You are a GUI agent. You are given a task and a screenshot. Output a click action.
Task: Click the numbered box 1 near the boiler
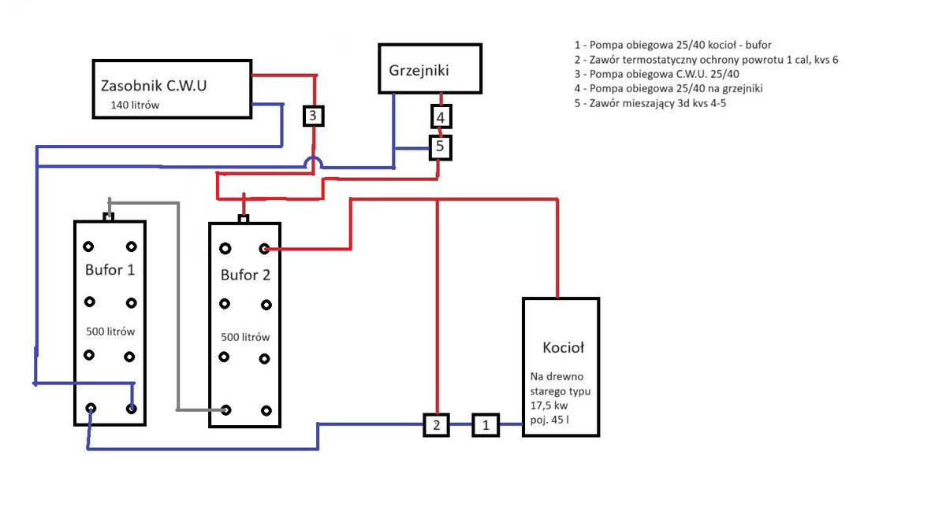tap(486, 425)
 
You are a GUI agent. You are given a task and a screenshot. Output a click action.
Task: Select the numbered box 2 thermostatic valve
tap(436, 425)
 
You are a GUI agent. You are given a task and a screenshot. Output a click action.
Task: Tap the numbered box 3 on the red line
tap(313, 117)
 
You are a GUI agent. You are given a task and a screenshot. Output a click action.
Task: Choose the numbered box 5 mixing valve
tap(441, 146)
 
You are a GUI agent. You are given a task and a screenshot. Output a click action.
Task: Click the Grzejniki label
tap(419, 70)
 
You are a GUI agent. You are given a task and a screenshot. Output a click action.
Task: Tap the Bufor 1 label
tap(110, 269)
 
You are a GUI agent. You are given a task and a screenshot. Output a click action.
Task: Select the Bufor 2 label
tap(245, 275)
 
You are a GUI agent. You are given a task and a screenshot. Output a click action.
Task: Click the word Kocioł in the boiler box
tap(564, 347)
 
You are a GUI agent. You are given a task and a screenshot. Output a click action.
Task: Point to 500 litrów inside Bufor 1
tap(110, 331)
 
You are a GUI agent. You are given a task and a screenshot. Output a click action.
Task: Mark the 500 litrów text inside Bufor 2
tap(245, 337)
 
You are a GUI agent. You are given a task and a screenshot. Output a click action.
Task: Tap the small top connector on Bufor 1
tap(110, 217)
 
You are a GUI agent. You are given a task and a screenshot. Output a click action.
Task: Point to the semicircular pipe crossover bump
tap(313, 162)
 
